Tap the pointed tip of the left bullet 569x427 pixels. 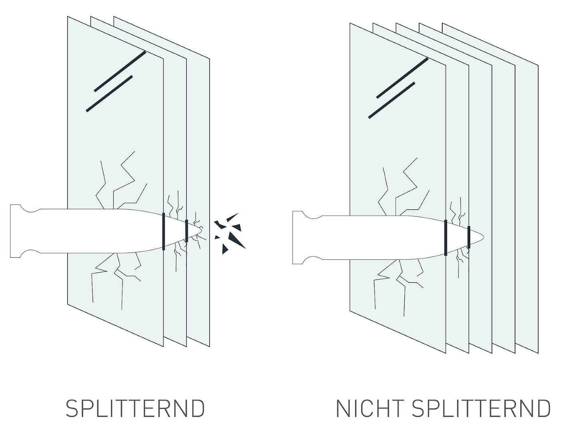tap(201, 230)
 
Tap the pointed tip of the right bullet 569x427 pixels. tap(483, 237)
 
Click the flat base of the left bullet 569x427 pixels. tap(10, 231)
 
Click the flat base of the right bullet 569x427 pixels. tap(293, 238)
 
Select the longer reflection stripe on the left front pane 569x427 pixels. tap(120, 71)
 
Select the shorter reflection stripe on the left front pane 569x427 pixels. tap(110, 94)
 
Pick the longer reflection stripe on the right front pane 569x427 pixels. tap(402, 78)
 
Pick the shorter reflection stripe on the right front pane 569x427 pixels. tap(392, 100)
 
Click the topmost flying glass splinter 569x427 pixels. tap(232, 217)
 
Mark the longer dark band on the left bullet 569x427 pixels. tap(164, 231)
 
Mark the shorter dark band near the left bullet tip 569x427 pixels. tap(187, 231)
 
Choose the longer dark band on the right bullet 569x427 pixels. tap(445, 238)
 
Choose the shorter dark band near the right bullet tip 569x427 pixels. tap(469, 237)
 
